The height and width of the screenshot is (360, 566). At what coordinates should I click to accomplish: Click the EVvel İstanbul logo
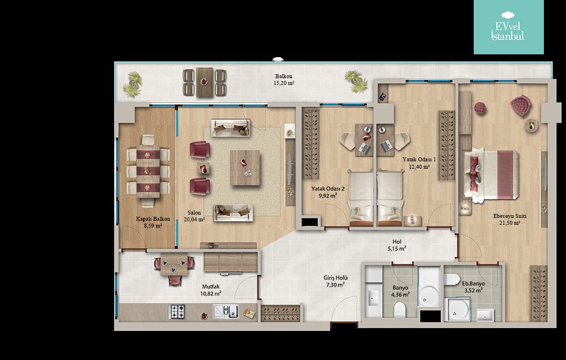tap(508, 27)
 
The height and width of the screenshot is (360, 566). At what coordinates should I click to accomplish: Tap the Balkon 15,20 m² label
tap(284, 80)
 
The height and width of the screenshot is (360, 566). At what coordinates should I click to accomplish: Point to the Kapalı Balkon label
tap(153, 219)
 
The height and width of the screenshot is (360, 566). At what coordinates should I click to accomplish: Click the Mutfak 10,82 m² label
tap(211, 290)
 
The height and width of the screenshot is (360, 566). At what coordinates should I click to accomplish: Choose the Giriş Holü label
tap(335, 278)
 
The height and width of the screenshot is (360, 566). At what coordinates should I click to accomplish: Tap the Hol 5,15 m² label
tap(397, 245)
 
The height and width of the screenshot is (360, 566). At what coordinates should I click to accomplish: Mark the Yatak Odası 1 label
tap(419, 159)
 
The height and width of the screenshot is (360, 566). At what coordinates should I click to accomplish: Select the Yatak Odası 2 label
tap(328, 189)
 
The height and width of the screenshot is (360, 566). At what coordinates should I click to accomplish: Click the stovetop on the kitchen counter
tap(177, 312)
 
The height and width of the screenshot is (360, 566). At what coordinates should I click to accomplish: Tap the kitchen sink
tap(226, 312)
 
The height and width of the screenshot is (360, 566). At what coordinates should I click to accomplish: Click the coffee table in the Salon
tap(245, 168)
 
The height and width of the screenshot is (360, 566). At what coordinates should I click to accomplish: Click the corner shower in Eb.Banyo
tap(457, 309)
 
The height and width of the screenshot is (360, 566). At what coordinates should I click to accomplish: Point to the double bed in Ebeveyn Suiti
tap(491, 174)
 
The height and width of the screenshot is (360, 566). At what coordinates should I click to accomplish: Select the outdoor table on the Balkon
tap(205, 82)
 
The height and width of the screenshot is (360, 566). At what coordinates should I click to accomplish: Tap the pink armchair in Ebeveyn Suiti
tap(521, 105)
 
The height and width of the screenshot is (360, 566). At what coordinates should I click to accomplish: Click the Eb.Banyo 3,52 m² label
tap(473, 287)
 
